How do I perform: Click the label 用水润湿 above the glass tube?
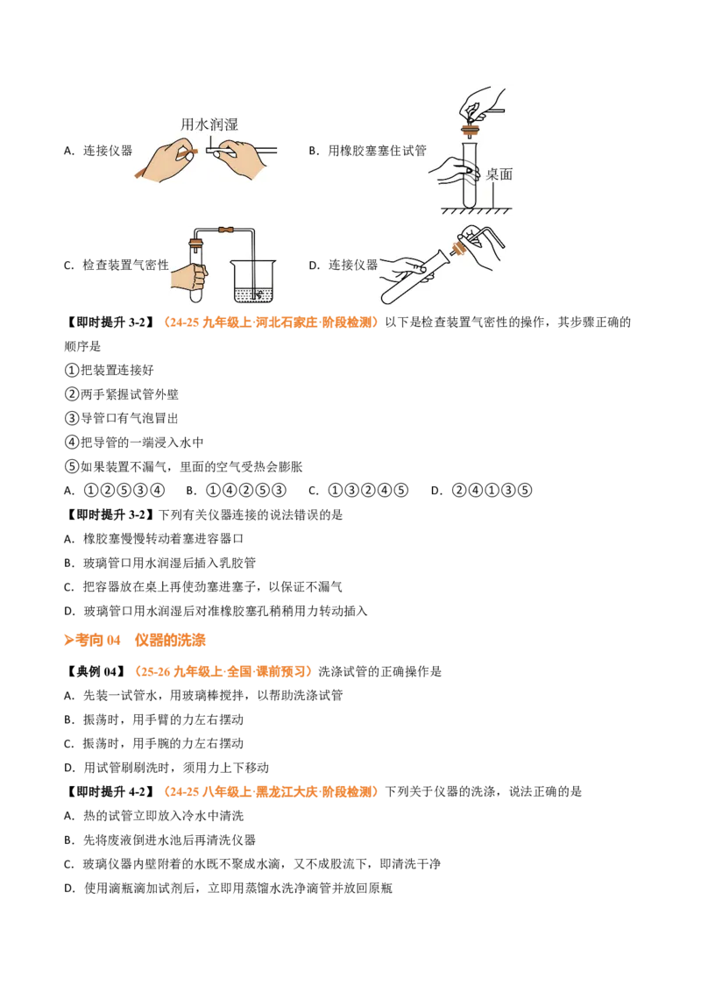tap(209, 124)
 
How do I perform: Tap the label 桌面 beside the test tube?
tap(499, 174)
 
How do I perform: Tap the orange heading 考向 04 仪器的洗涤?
tap(135, 641)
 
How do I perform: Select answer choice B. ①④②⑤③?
tap(236, 491)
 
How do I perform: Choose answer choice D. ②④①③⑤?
tap(481, 491)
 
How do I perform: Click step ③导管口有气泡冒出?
tap(122, 418)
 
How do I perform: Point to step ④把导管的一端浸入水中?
tap(134, 443)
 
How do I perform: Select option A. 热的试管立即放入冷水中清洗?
tap(153, 816)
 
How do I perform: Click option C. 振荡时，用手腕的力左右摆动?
tap(153, 743)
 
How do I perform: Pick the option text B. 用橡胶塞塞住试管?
tap(367, 151)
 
